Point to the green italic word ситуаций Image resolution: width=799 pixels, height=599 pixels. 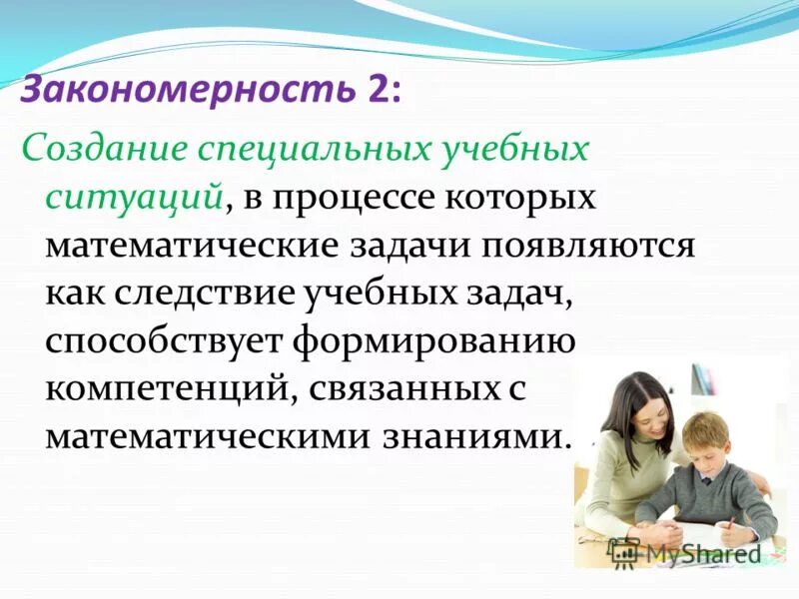click(x=133, y=197)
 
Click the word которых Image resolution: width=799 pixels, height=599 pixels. click(x=535, y=197)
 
